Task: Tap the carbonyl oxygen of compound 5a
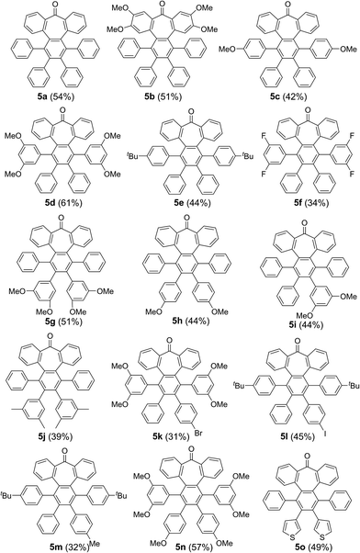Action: (61, 6)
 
